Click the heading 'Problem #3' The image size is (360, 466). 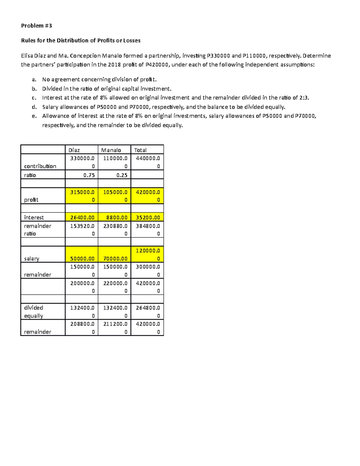pos(36,26)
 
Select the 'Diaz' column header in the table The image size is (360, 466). pos(74,150)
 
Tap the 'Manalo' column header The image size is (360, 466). pos(111,150)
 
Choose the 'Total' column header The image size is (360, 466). pos(140,150)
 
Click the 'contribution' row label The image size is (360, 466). pos(40,166)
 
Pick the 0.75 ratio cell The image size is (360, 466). pos(89,175)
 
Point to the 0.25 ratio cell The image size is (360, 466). pos(122,175)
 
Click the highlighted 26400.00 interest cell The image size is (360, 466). pos(82,218)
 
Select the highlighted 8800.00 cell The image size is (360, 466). pos(117,218)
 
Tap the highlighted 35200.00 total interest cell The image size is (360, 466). pos(148,218)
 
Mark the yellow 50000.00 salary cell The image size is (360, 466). pos(82,259)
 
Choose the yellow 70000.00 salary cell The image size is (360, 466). pos(115,259)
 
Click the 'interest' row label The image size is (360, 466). pos(34,218)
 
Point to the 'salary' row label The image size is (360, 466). pos(31,259)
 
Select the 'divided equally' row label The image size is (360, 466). pos(34,312)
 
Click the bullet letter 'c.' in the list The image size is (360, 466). pos(34,98)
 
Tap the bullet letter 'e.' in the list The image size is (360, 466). pos(34,116)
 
